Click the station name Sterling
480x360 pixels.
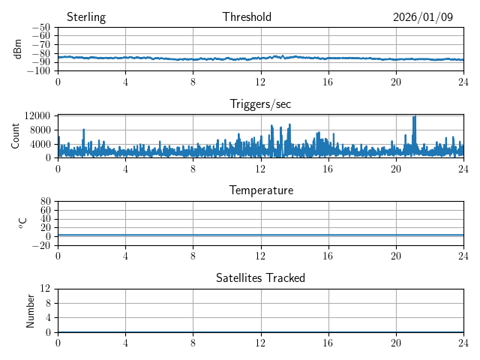click(x=85, y=17)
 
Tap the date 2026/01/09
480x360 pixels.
click(x=423, y=17)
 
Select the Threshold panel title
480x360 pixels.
click(x=247, y=17)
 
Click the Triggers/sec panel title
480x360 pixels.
click(x=260, y=104)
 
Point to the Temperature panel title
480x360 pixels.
click(x=260, y=190)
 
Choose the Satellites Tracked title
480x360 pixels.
click(x=260, y=277)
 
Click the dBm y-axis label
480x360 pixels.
click(x=18, y=49)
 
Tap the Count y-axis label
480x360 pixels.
click(x=16, y=136)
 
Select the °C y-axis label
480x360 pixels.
click(x=22, y=223)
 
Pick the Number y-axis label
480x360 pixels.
click(x=31, y=310)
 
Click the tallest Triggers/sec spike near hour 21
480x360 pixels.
click(x=415, y=117)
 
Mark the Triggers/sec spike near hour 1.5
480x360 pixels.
click(x=84, y=130)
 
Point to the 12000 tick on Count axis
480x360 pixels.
click(x=37, y=115)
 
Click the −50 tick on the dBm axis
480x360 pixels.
click(x=40, y=28)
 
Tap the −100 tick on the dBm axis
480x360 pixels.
click(x=38, y=70)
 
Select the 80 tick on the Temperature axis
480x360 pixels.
click(x=46, y=202)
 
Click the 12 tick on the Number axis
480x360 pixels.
click(x=46, y=289)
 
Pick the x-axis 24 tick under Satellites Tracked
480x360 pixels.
click(x=463, y=342)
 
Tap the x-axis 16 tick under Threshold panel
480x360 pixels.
click(x=328, y=81)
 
